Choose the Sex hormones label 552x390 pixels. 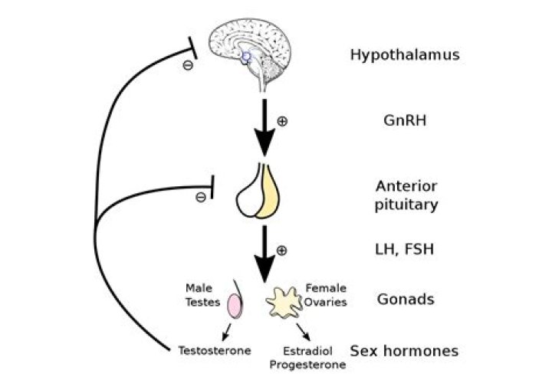tap(404, 351)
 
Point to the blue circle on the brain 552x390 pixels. tap(245, 56)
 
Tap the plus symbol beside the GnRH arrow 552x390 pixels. tap(281, 121)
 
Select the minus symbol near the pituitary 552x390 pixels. tap(200, 197)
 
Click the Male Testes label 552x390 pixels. tap(199, 295)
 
